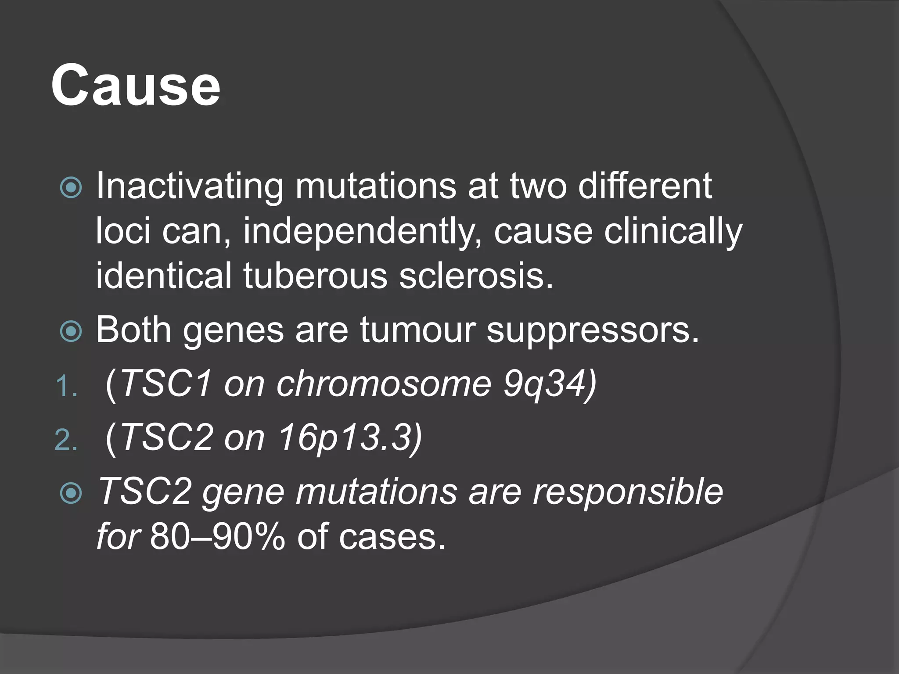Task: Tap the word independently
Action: click(x=362, y=231)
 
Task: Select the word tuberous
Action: click(x=315, y=276)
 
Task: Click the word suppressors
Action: click(x=592, y=330)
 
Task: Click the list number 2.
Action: click(x=66, y=441)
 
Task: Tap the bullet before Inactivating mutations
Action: click(x=71, y=188)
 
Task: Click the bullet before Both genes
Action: click(x=71, y=331)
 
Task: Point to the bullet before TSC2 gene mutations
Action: click(x=71, y=493)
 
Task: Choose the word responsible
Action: click(x=628, y=491)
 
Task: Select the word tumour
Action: click(x=417, y=330)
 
